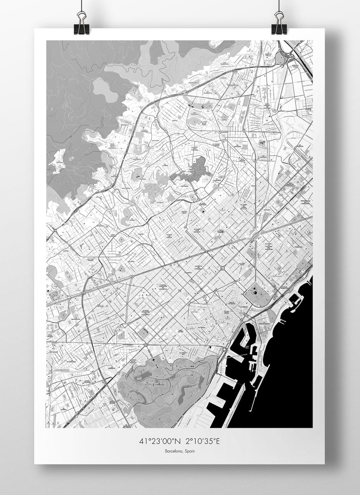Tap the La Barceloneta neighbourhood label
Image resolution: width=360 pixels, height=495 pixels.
coord(264,324)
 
